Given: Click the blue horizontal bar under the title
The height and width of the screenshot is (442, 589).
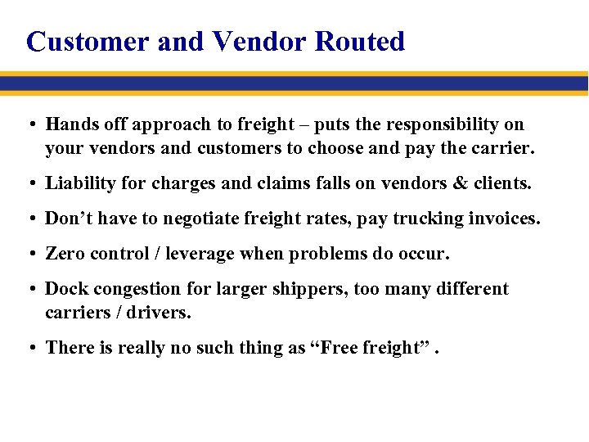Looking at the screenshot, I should (x=294, y=83).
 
